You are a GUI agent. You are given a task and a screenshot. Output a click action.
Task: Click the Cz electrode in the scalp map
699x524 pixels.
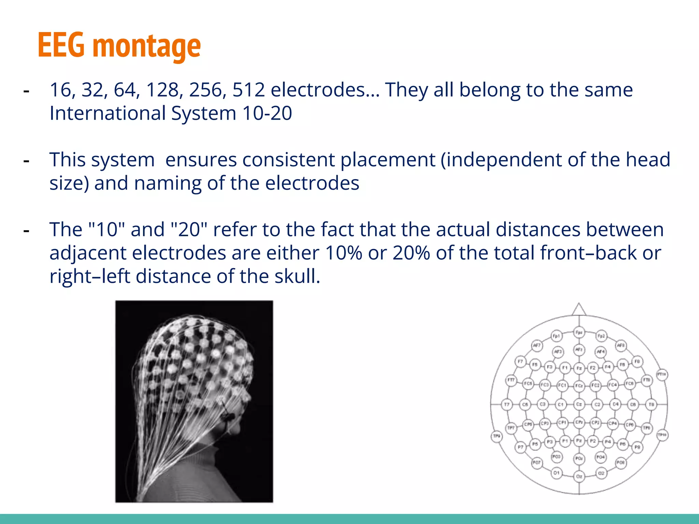[x=579, y=404]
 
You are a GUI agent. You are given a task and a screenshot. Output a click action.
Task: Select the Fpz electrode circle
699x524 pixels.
[x=579, y=332]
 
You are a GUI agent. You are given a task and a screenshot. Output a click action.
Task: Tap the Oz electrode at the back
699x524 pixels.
[x=579, y=476]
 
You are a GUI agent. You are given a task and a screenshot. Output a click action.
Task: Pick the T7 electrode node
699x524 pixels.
[x=507, y=405]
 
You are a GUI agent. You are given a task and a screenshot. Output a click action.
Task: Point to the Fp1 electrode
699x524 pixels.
[x=556, y=336]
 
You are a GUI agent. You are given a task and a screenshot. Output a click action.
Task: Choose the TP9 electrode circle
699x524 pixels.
[x=497, y=436]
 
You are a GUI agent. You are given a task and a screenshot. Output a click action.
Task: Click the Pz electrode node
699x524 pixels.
[x=579, y=440]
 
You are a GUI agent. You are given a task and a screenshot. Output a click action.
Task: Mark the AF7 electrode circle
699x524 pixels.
[x=537, y=345]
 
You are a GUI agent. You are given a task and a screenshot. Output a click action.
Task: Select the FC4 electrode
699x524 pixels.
[x=613, y=385]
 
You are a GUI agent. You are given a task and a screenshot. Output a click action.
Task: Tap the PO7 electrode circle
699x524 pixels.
[x=537, y=463]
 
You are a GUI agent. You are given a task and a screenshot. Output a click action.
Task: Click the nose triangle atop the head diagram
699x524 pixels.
[x=579, y=310]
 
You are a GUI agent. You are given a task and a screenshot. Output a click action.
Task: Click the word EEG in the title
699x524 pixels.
[x=61, y=45]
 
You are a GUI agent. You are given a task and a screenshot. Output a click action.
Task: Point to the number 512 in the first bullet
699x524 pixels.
[x=248, y=90]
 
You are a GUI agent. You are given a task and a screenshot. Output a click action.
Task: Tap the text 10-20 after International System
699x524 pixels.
[x=267, y=113]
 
